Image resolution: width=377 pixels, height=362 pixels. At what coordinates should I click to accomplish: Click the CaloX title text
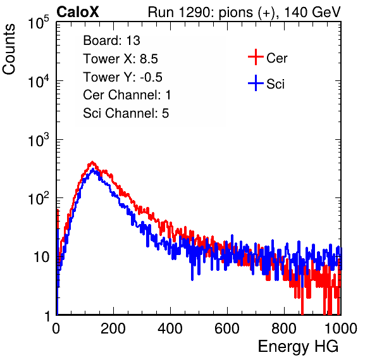point(78,12)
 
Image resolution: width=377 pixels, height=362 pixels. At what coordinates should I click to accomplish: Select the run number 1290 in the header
point(195,12)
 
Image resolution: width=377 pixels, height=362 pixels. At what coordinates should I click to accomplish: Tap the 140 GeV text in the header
point(312,12)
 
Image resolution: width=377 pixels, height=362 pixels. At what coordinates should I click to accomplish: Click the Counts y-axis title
point(9,49)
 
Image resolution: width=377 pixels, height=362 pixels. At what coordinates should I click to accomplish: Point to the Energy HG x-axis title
point(298,347)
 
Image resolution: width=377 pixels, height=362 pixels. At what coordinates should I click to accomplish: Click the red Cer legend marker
point(256,57)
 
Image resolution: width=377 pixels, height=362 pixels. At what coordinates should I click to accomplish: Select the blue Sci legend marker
point(256,84)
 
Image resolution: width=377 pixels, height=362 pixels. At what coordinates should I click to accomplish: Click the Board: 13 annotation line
point(111,41)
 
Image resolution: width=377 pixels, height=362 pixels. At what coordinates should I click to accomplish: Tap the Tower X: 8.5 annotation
point(120,59)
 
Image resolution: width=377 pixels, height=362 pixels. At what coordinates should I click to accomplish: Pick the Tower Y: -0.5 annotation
point(123,77)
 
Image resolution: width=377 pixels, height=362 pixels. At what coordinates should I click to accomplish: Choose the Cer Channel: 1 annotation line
point(127,95)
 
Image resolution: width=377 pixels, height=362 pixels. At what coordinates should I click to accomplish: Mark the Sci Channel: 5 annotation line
point(126,113)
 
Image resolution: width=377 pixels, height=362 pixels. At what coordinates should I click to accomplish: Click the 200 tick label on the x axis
point(113,328)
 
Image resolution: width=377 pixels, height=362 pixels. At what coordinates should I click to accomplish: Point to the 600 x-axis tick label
point(227,328)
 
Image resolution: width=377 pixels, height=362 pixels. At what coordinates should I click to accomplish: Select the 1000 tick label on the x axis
point(341,328)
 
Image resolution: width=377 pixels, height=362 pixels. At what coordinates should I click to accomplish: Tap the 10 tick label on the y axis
point(41,257)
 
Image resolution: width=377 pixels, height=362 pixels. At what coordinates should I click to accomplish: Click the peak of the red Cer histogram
point(92,162)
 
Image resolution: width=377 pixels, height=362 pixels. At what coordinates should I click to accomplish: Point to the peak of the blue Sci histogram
point(93,170)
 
